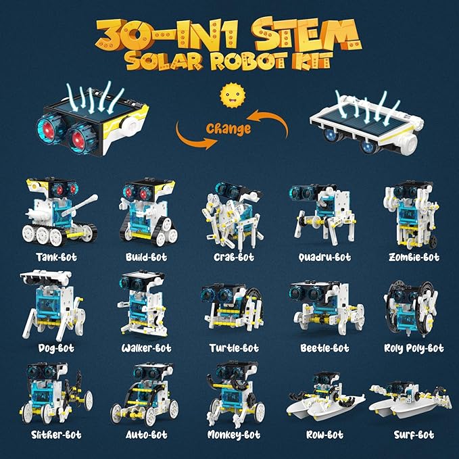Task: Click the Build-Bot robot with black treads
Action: (145, 214)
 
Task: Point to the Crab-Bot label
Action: (230, 258)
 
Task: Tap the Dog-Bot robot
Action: (50, 305)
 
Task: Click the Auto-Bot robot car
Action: (145, 395)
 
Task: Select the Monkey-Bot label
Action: (233, 435)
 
